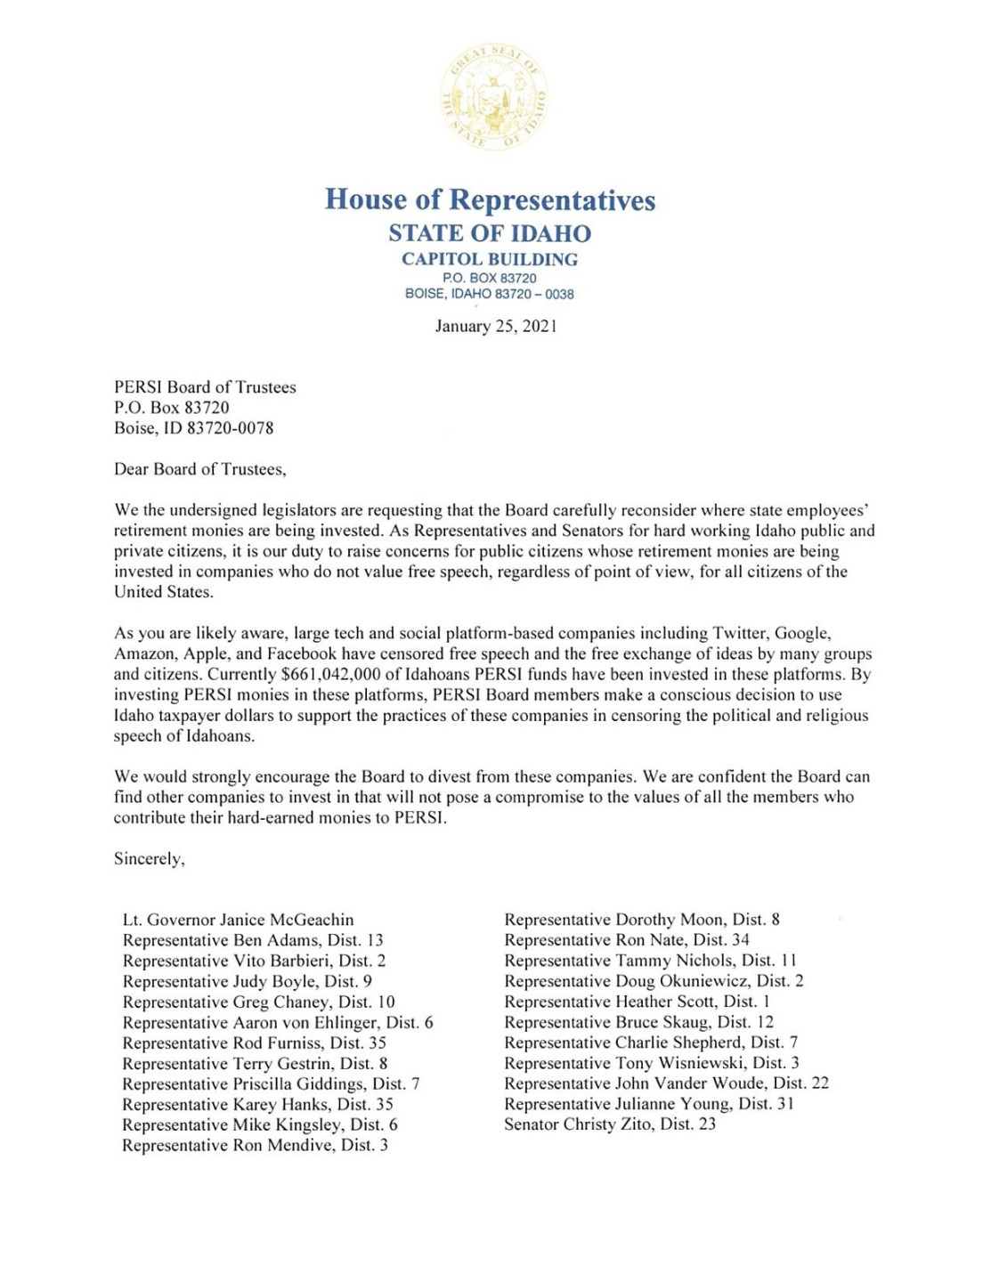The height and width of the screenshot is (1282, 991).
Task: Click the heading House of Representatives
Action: (490, 199)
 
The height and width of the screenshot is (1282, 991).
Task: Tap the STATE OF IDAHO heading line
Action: (490, 233)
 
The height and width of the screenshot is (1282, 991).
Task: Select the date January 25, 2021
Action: (496, 326)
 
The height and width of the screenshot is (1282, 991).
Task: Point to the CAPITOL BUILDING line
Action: (490, 259)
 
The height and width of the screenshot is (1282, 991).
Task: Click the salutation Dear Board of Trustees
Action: (200, 469)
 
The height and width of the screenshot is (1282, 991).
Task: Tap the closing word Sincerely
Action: (149, 859)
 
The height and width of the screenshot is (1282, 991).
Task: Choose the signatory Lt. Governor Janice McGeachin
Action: (238, 920)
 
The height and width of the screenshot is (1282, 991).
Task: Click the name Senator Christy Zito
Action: (609, 1124)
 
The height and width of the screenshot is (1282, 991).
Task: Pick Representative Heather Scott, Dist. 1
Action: (637, 1002)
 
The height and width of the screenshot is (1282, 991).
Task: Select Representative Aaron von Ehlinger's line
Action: (278, 1023)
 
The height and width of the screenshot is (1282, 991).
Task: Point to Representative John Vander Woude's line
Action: (666, 1083)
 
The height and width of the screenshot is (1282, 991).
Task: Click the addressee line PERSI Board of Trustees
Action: (205, 387)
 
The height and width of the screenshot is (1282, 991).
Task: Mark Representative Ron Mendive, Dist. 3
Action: (255, 1146)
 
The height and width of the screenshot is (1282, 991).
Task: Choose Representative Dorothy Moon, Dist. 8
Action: (641, 920)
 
